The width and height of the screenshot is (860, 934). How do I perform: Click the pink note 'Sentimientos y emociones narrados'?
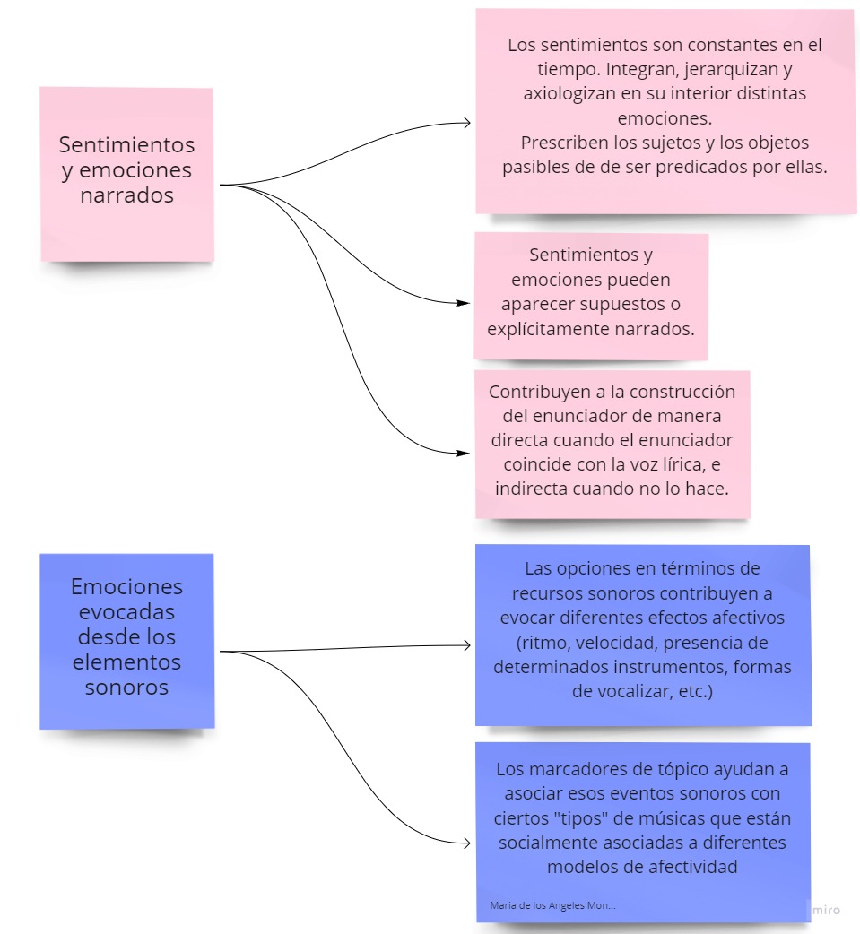point(127,174)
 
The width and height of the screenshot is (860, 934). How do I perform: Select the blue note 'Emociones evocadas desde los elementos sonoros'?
point(127,641)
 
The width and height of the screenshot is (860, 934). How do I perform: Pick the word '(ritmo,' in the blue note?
point(543,643)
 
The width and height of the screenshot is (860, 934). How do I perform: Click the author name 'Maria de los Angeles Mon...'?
point(552,905)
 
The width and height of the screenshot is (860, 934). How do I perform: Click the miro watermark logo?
point(826,910)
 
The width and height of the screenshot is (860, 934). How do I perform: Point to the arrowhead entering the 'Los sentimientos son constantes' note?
point(466,123)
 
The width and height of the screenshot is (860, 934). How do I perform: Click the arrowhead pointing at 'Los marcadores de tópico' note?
point(466,843)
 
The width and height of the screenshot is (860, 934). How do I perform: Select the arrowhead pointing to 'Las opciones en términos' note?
point(466,645)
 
